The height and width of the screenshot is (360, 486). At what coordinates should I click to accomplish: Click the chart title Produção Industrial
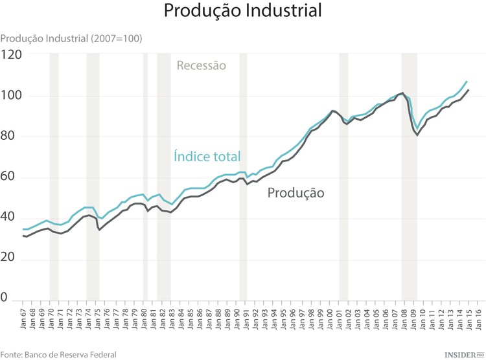(242, 11)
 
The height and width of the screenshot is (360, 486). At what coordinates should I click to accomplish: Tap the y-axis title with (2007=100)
(71, 38)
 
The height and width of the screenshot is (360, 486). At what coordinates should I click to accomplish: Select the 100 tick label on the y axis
(12, 96)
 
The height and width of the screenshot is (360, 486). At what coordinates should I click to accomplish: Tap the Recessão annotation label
(202, 65)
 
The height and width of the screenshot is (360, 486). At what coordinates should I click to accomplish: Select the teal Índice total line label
(207, 156)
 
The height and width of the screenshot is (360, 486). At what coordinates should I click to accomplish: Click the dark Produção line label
(296, 193)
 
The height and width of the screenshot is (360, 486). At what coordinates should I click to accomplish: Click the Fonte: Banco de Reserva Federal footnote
(58, 354)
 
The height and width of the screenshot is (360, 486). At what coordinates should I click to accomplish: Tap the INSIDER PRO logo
(463, 354)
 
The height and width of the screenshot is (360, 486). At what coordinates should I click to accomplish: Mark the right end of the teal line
(467, 82)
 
